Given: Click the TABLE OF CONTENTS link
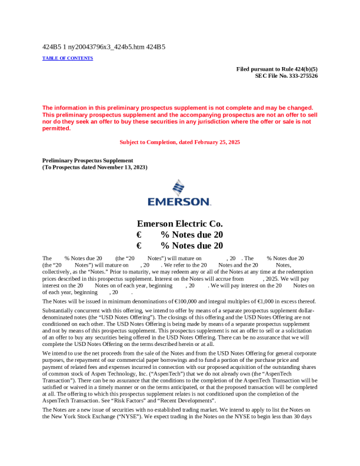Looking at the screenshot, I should pos(68,58).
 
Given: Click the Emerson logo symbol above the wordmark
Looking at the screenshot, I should pos(179,188).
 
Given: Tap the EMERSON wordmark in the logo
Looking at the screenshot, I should pos(179,202).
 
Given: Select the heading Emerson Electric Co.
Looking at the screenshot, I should pos(179,224).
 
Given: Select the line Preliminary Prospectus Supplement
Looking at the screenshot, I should pos(88,161).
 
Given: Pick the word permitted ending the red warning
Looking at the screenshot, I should pos(56,128).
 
